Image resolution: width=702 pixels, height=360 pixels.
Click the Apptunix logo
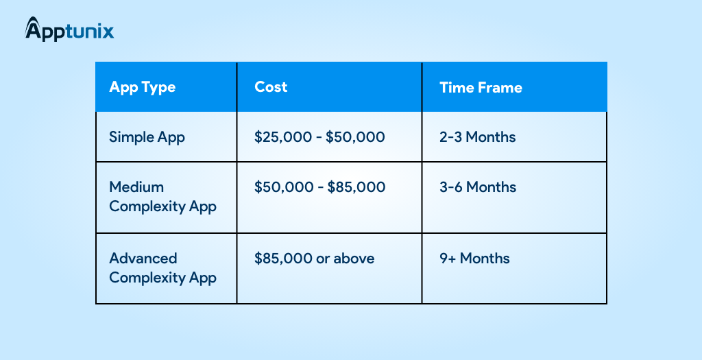[69, 29]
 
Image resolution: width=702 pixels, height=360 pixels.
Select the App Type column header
[143, 87]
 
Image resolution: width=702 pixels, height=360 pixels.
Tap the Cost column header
[271, 87]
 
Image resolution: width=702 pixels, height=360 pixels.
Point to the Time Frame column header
[481, 87]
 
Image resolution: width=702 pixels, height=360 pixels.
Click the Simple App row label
[147, 137]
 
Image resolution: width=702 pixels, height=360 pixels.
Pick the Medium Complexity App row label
[163, 197]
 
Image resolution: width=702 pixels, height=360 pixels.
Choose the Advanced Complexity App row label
[163, 267]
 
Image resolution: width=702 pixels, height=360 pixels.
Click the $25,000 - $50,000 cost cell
[319, 137]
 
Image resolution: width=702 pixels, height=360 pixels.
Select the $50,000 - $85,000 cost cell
[319, 187]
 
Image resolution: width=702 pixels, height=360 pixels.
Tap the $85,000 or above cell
[314, 259]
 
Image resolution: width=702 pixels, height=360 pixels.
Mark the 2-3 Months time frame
[477, 137]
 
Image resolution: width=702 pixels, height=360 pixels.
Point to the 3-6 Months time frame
[478, 187]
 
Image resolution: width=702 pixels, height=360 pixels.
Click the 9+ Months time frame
[474, 259]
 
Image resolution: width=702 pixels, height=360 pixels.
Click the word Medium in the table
[136, 187]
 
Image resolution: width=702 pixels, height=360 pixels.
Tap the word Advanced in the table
[143, 259]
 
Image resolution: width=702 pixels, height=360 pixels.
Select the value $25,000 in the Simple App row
[284, 137]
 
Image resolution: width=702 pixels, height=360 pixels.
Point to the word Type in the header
[158, 88]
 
